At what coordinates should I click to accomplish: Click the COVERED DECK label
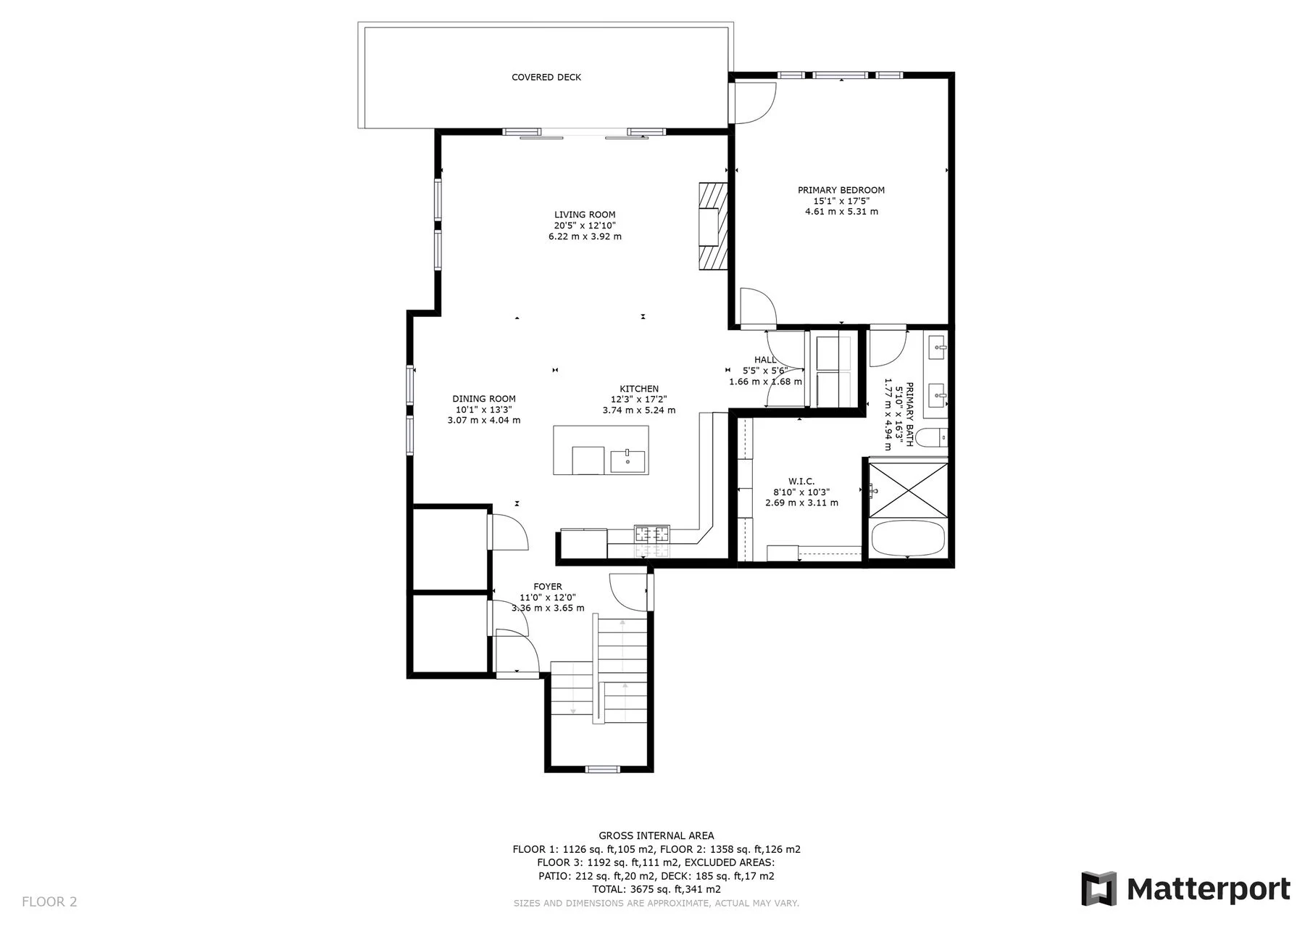click(x=546, y=78)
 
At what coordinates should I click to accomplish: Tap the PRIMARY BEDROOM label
click(x=841, y=190)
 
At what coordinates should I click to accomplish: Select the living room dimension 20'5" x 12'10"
click(x=585, y=226)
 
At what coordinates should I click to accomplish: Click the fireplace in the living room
click(x=712, y=226)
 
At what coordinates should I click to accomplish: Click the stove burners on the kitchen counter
click(x=652, y=534)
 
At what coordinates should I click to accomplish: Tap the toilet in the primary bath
click(x=930, y=437)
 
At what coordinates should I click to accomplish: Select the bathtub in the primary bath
click(x=909, y=539)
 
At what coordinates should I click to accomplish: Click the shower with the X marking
click(x=909, y=490)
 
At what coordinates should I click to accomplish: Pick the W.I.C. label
click(x=801, y=482)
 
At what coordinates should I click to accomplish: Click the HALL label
click(x=765, y=360)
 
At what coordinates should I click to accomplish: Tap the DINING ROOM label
click(x=484, y=399)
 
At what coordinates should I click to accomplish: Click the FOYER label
click(x=548, y=587)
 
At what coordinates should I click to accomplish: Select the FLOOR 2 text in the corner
click(x=49, y=902)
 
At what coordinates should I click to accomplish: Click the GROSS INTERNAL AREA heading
click(x=656, y=836)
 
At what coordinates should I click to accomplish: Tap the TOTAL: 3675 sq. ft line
click(x=656, y=889)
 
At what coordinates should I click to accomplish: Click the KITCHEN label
click(x=639, y=389)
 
